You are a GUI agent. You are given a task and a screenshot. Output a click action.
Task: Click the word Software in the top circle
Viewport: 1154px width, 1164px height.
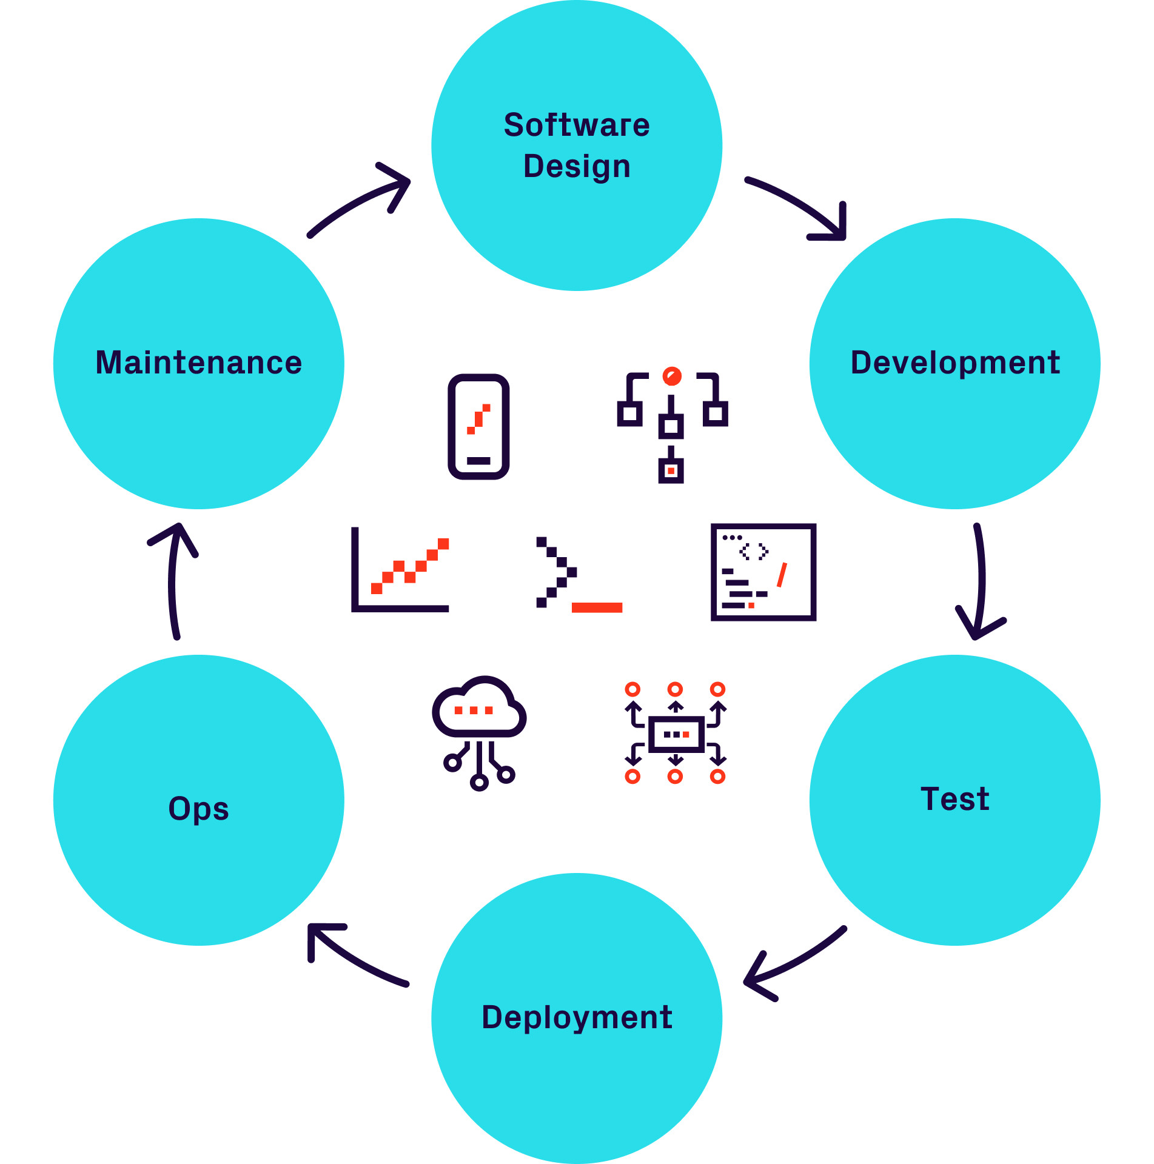[x=577, y=125]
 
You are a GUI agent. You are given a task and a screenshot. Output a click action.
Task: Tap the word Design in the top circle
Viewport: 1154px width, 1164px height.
[x=577, y=167]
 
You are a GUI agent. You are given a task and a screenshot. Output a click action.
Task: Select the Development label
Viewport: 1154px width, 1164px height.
[x=955, y=363]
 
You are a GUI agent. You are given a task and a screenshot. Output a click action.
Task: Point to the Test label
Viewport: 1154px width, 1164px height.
[x=955, y=799]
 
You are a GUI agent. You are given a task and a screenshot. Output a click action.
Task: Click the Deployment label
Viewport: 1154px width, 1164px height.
[x=577, y=1018]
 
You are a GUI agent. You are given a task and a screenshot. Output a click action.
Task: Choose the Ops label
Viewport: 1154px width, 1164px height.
[x=198, y=808]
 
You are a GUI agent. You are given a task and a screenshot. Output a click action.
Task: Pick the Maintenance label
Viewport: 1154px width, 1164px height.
[x=198, y=363]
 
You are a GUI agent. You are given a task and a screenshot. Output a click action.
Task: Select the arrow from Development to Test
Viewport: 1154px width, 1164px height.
[x=979, y=582]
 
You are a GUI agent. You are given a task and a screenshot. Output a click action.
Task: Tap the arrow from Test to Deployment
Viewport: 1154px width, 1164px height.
[x=794, y=964]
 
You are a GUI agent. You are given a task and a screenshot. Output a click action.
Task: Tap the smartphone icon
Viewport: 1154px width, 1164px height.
[x=478, y=427]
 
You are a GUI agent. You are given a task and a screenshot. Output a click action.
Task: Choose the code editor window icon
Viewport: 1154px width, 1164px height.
[x=763, y=572]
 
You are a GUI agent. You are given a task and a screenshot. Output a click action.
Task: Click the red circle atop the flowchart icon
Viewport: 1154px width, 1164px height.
[x=671, y=376]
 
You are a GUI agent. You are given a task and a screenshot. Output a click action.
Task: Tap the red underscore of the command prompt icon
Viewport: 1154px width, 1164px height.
[x=597, y=607]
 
